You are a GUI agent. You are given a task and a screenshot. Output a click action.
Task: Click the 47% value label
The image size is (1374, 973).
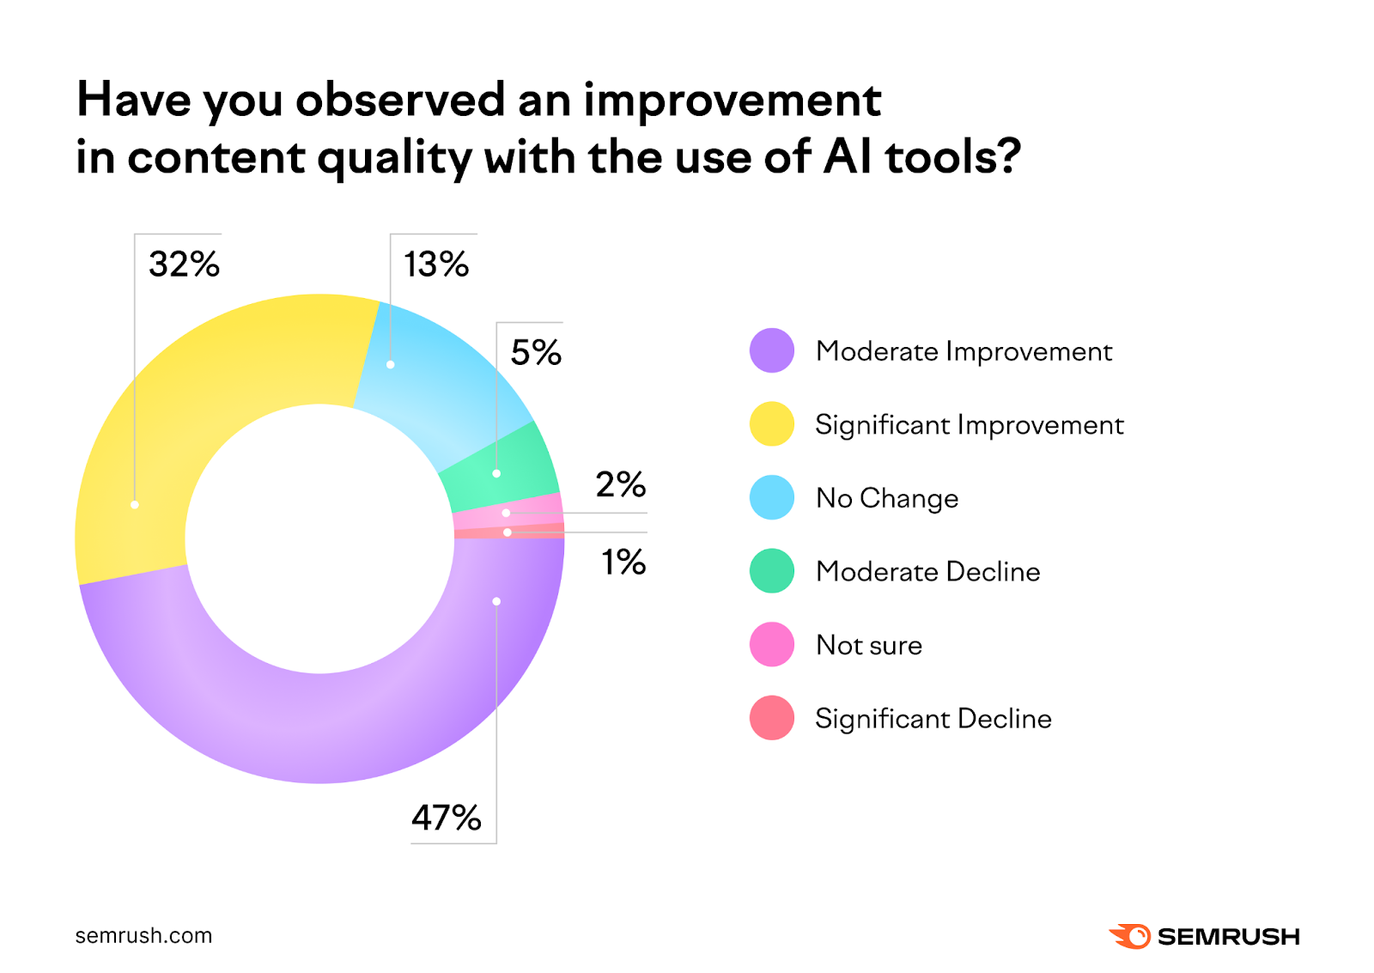click(x=446, y=818)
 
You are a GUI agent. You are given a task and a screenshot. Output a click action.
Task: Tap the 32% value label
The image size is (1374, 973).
click(x=184, y=264)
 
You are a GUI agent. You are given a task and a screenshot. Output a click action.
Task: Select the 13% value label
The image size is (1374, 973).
click(x=436, y=264)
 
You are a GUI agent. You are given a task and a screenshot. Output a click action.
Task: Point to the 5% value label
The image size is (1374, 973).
click(x=536, y=352)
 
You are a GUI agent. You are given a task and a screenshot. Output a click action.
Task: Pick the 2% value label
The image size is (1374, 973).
click(x=620, y=484)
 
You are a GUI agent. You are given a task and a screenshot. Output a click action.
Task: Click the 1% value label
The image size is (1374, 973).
click(x=623, y=563)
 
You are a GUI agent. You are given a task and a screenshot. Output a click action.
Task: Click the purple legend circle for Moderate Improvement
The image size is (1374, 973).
click(x=771, y=350)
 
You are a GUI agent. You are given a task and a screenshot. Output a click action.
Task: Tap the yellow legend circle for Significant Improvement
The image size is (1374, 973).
click(x=771, y=424)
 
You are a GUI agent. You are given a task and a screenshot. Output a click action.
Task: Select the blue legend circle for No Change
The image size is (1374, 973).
click(x=771, y=497)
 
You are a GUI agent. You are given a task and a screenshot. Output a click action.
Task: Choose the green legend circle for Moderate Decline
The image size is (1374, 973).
click(x=771, y=571)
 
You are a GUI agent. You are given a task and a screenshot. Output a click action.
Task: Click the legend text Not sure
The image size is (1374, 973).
click(x=869, y=645)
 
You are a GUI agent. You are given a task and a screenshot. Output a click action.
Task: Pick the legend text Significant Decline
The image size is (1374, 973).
click(x=933, y=718)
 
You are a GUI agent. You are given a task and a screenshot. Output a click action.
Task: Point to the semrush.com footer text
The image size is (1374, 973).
click(x=143, y=935)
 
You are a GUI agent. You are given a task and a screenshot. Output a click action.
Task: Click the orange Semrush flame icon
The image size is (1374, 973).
click(x=1130, y=936)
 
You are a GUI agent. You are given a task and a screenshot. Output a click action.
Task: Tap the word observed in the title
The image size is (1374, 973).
click(x=400, y=100)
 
